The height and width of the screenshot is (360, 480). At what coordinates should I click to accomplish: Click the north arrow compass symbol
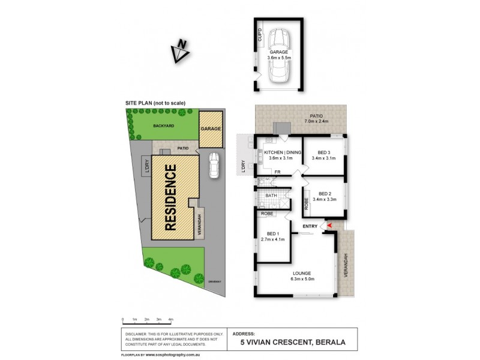179,52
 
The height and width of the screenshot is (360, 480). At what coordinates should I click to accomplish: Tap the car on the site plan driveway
214,165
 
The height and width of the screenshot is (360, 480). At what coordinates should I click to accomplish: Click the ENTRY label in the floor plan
310,226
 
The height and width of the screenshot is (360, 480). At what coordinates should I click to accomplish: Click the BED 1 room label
272,236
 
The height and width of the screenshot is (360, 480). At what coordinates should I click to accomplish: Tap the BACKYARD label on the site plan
163,127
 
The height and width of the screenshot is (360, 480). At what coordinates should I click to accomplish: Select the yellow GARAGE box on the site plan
211,129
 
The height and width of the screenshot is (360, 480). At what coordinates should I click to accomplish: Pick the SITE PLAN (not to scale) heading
155,103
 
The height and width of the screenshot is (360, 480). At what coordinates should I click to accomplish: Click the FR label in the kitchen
278,173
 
